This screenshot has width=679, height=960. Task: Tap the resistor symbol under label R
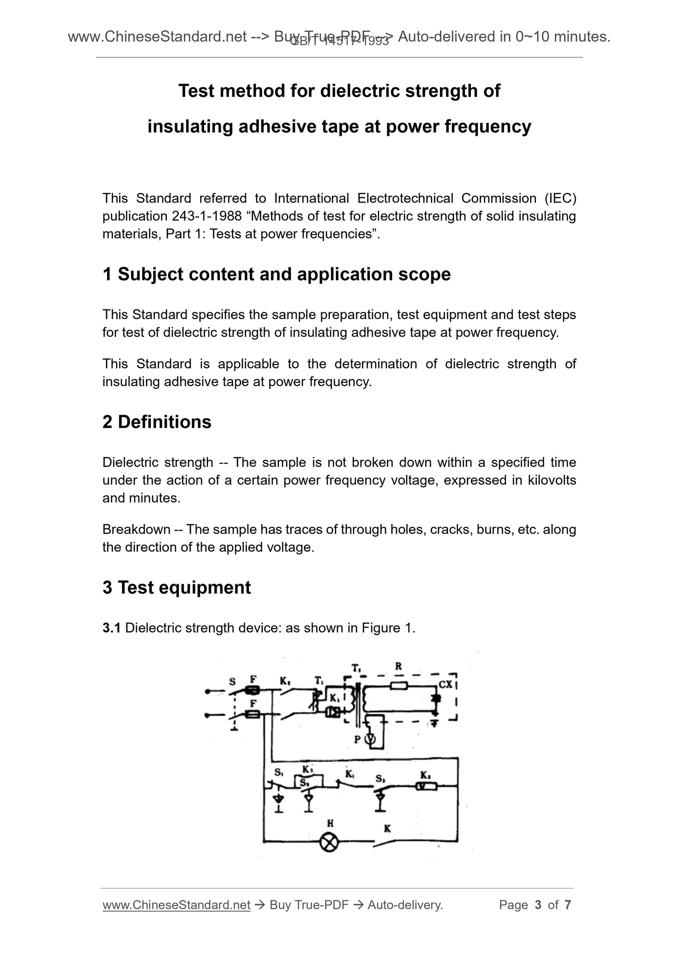[399, 686]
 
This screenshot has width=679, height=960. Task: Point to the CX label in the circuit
[445, 684]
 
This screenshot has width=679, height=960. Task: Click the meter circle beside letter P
[371, 739]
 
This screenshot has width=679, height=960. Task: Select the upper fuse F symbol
[253, 690]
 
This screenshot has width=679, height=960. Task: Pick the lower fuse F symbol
[253, 714]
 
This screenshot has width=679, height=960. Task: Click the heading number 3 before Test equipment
[107, 588]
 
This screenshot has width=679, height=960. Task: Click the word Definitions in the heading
[164, 422]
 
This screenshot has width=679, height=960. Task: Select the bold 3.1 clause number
[112, 627]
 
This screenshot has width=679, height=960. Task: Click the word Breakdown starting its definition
[136, 529]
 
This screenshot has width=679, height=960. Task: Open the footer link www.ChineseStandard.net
[176, 905]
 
